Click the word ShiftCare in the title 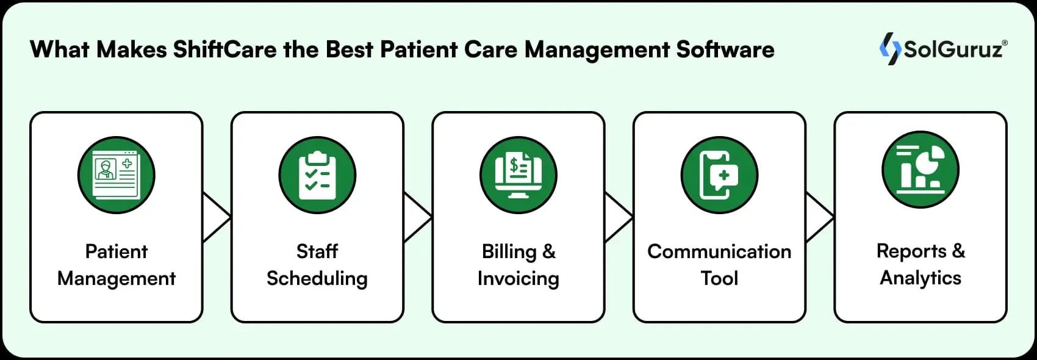[x=224, y=49]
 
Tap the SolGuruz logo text [x=954, y=49]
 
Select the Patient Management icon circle [x=116, y=175]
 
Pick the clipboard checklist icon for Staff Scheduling [x=317, y=175]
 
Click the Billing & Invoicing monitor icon [x=518, y=175]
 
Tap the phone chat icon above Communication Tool [x=719, y=175]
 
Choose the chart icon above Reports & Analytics [x=920, y=170]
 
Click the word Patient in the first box [x=116, y=251]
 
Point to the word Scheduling [x=317, y=278]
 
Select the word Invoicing [x=518, y=278]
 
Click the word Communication [x=719, y=251]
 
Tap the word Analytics [x=920, y=278]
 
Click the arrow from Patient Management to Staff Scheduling [x=216, y=217]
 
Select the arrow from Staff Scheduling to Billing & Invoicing [x=417, y=217]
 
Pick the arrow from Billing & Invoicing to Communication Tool [x=618, y=217]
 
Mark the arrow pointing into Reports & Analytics [x=819, y=217]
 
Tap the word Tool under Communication [x=719, y=278]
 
